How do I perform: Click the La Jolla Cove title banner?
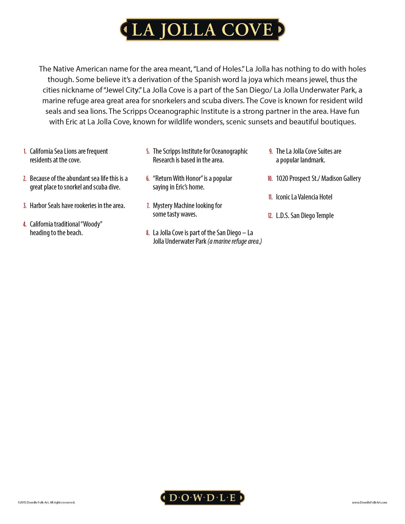tap(202, 29)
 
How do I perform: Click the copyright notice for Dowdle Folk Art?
tap(46, 502)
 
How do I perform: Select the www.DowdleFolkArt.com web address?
tap(369, 502)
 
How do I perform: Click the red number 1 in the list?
tap(25, 151)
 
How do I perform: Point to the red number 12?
tap(270, 216)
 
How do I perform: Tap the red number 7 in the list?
tap(148, 206)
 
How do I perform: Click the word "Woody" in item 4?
tap(92, 224)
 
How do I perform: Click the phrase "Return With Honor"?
tap(178, 178)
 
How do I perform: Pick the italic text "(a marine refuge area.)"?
tap(235, 241)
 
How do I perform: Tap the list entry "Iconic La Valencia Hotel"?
tap(304, 197)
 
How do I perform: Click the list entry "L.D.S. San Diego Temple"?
tap(305, 216)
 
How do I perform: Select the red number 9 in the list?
tap(271, 151)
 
